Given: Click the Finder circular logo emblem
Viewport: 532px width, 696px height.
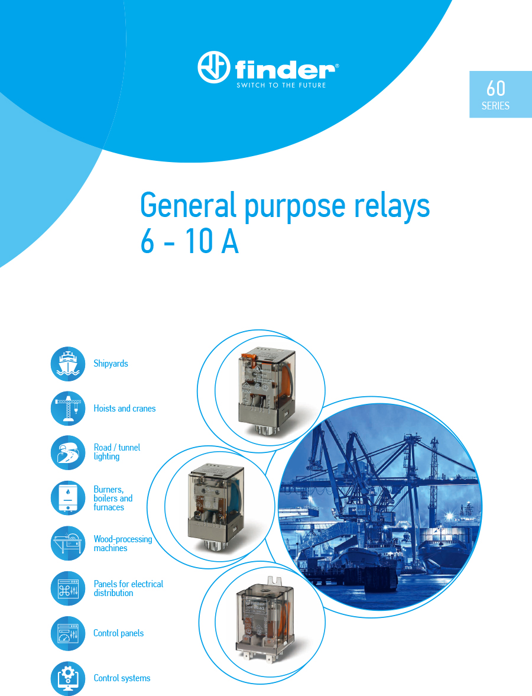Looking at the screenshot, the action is (214, 67).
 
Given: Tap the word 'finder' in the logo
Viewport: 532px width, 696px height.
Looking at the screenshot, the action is (286, 70).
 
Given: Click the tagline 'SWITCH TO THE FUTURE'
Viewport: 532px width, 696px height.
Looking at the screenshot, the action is (281, 85).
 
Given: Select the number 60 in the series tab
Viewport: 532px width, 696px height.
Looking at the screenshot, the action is (495, 88).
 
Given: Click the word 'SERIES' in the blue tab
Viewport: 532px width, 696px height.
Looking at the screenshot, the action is (495, 106).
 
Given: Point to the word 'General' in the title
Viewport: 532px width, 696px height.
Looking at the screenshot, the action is (188, 205).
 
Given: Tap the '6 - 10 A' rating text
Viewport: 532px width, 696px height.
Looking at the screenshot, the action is (190, 241).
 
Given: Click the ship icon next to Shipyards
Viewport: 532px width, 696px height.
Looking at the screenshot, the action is (68, 364).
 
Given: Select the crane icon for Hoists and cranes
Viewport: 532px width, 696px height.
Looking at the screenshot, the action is (68, 409).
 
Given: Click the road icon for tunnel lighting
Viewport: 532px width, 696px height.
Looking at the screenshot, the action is (68, 453).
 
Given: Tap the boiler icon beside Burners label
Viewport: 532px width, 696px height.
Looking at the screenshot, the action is (68, 498).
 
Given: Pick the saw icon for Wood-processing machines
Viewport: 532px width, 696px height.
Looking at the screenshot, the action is (68, 543).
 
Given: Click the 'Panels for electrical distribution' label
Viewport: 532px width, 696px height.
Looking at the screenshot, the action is (128, 588).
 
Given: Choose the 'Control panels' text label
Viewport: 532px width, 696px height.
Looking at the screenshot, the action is (118, 633).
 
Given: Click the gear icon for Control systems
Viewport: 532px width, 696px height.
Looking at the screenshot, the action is (68, 678).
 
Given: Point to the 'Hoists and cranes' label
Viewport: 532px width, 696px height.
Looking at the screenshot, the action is (125, 409).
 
